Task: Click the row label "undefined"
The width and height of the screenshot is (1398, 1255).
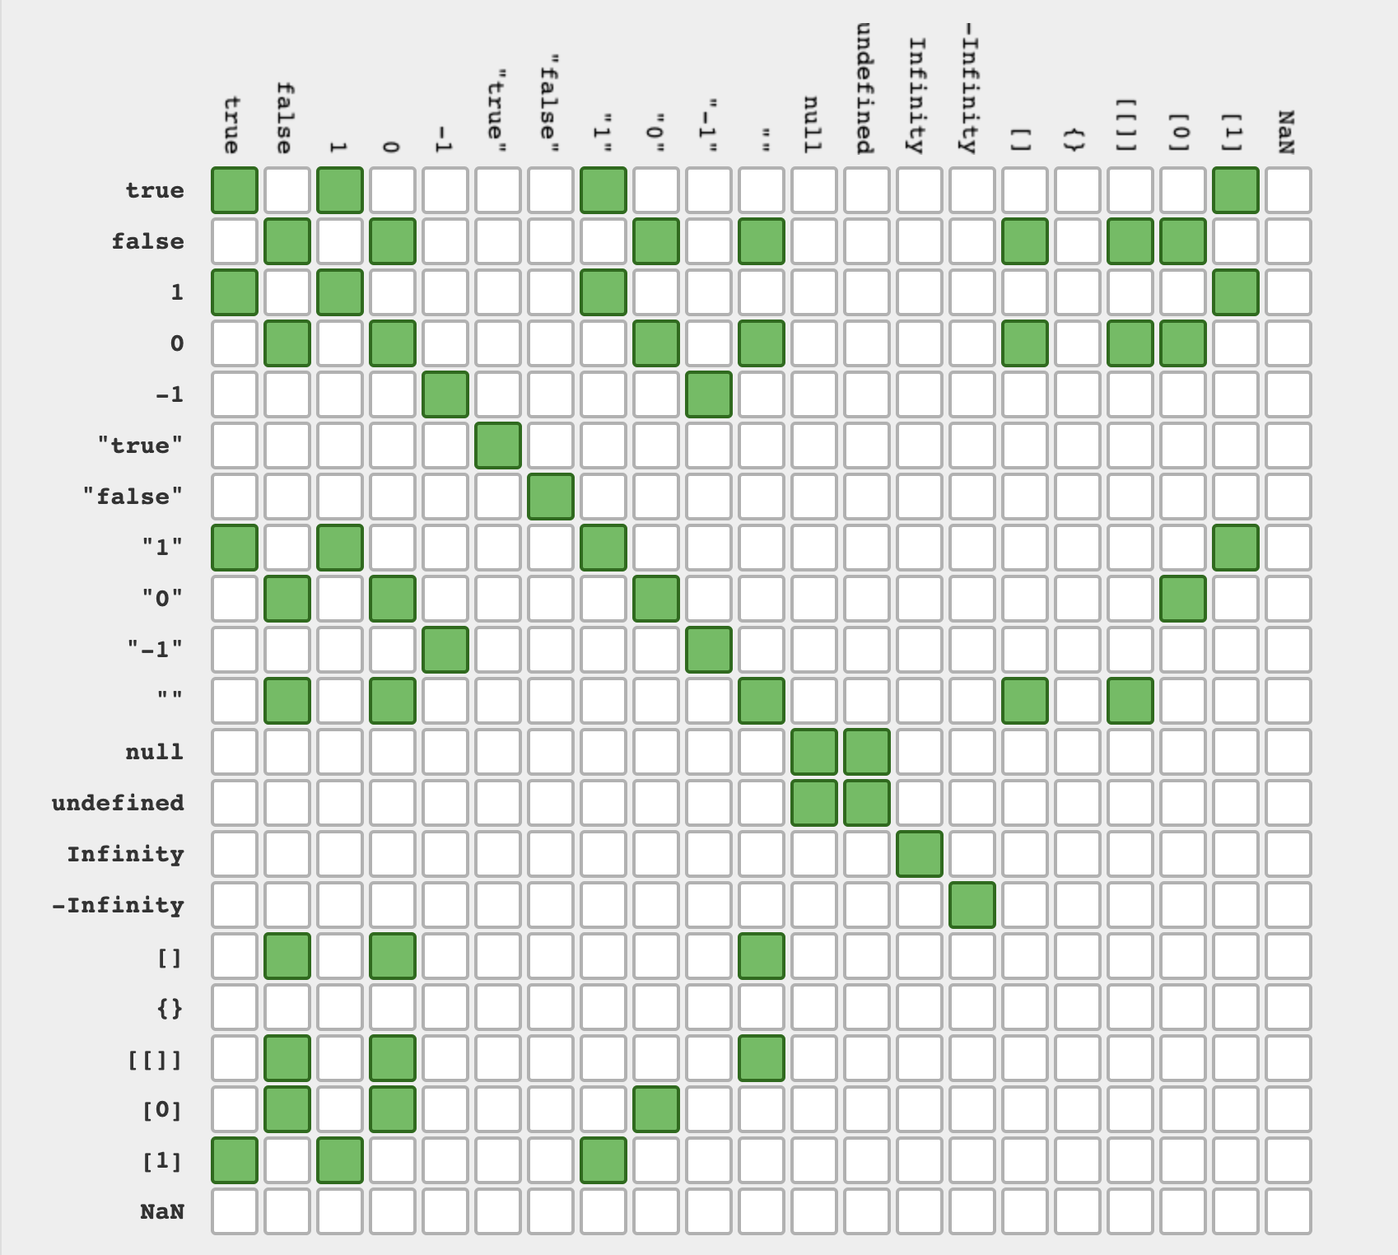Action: pyautogui.click(x=118, y=803)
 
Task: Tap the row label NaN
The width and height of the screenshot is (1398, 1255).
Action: pyautogui.click(x=161, y=1211)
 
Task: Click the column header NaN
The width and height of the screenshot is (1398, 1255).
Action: pyautogui.click(x=1287, y=132)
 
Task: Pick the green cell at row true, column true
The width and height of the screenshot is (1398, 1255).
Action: pyautogui.click(x=235, y=190)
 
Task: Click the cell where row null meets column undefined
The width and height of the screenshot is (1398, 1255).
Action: pyautogui.click(x=867, y=752)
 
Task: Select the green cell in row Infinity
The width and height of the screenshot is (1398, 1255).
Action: pyautogui.click(x=920, y=854)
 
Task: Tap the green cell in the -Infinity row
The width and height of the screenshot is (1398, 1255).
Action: pyautogui.click(x=972, y=905)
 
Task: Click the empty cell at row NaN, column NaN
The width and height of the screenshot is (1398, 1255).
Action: pyautogui.click(x=1288, y=1211)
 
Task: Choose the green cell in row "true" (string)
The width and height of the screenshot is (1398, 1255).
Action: pyautogui.click(x=498, y=446)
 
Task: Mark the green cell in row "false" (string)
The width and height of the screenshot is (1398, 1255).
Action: pyautogui.click(x=551, y=497)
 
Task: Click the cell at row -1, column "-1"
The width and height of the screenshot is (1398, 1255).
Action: pyautogui.click(x=709, y=394)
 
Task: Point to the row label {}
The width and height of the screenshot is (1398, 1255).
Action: pyautogui.click(x=170, y=1007)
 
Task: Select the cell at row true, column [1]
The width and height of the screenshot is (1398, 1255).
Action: pyautogui.click(x=1236, y=190)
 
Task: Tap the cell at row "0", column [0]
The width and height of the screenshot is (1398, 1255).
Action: pyautogui.click(x=1183, y=599)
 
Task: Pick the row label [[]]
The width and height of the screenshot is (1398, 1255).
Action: pyautogui.click(x=155, y=1058)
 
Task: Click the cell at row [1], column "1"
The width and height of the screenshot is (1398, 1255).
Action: pyautogui.click(x=603, y=1160)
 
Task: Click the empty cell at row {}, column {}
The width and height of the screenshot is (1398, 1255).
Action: pyautogui.click(x=1078, y=1007)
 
